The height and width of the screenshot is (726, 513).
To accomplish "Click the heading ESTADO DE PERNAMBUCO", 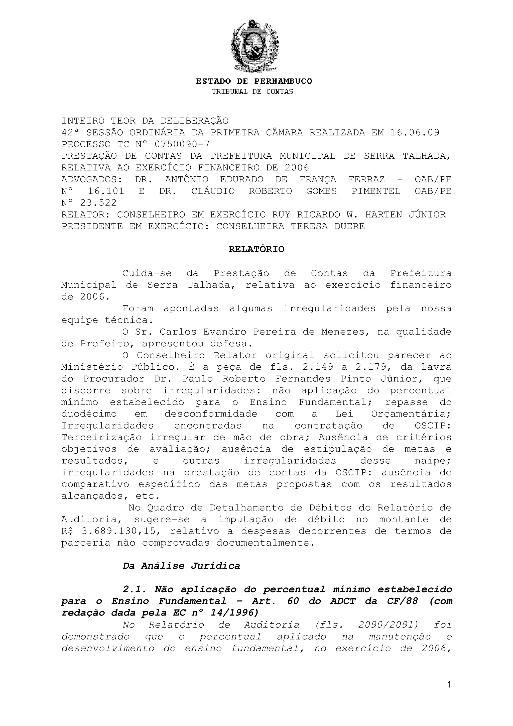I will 254,81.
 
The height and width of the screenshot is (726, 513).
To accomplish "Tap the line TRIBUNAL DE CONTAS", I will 252,92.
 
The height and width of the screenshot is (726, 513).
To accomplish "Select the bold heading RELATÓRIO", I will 256,250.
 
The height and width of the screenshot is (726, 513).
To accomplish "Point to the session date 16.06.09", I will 415,133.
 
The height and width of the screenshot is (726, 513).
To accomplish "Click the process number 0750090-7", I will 182,144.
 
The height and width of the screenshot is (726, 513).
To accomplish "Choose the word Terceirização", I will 101,437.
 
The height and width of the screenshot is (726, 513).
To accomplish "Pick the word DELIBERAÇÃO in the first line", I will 194,121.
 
